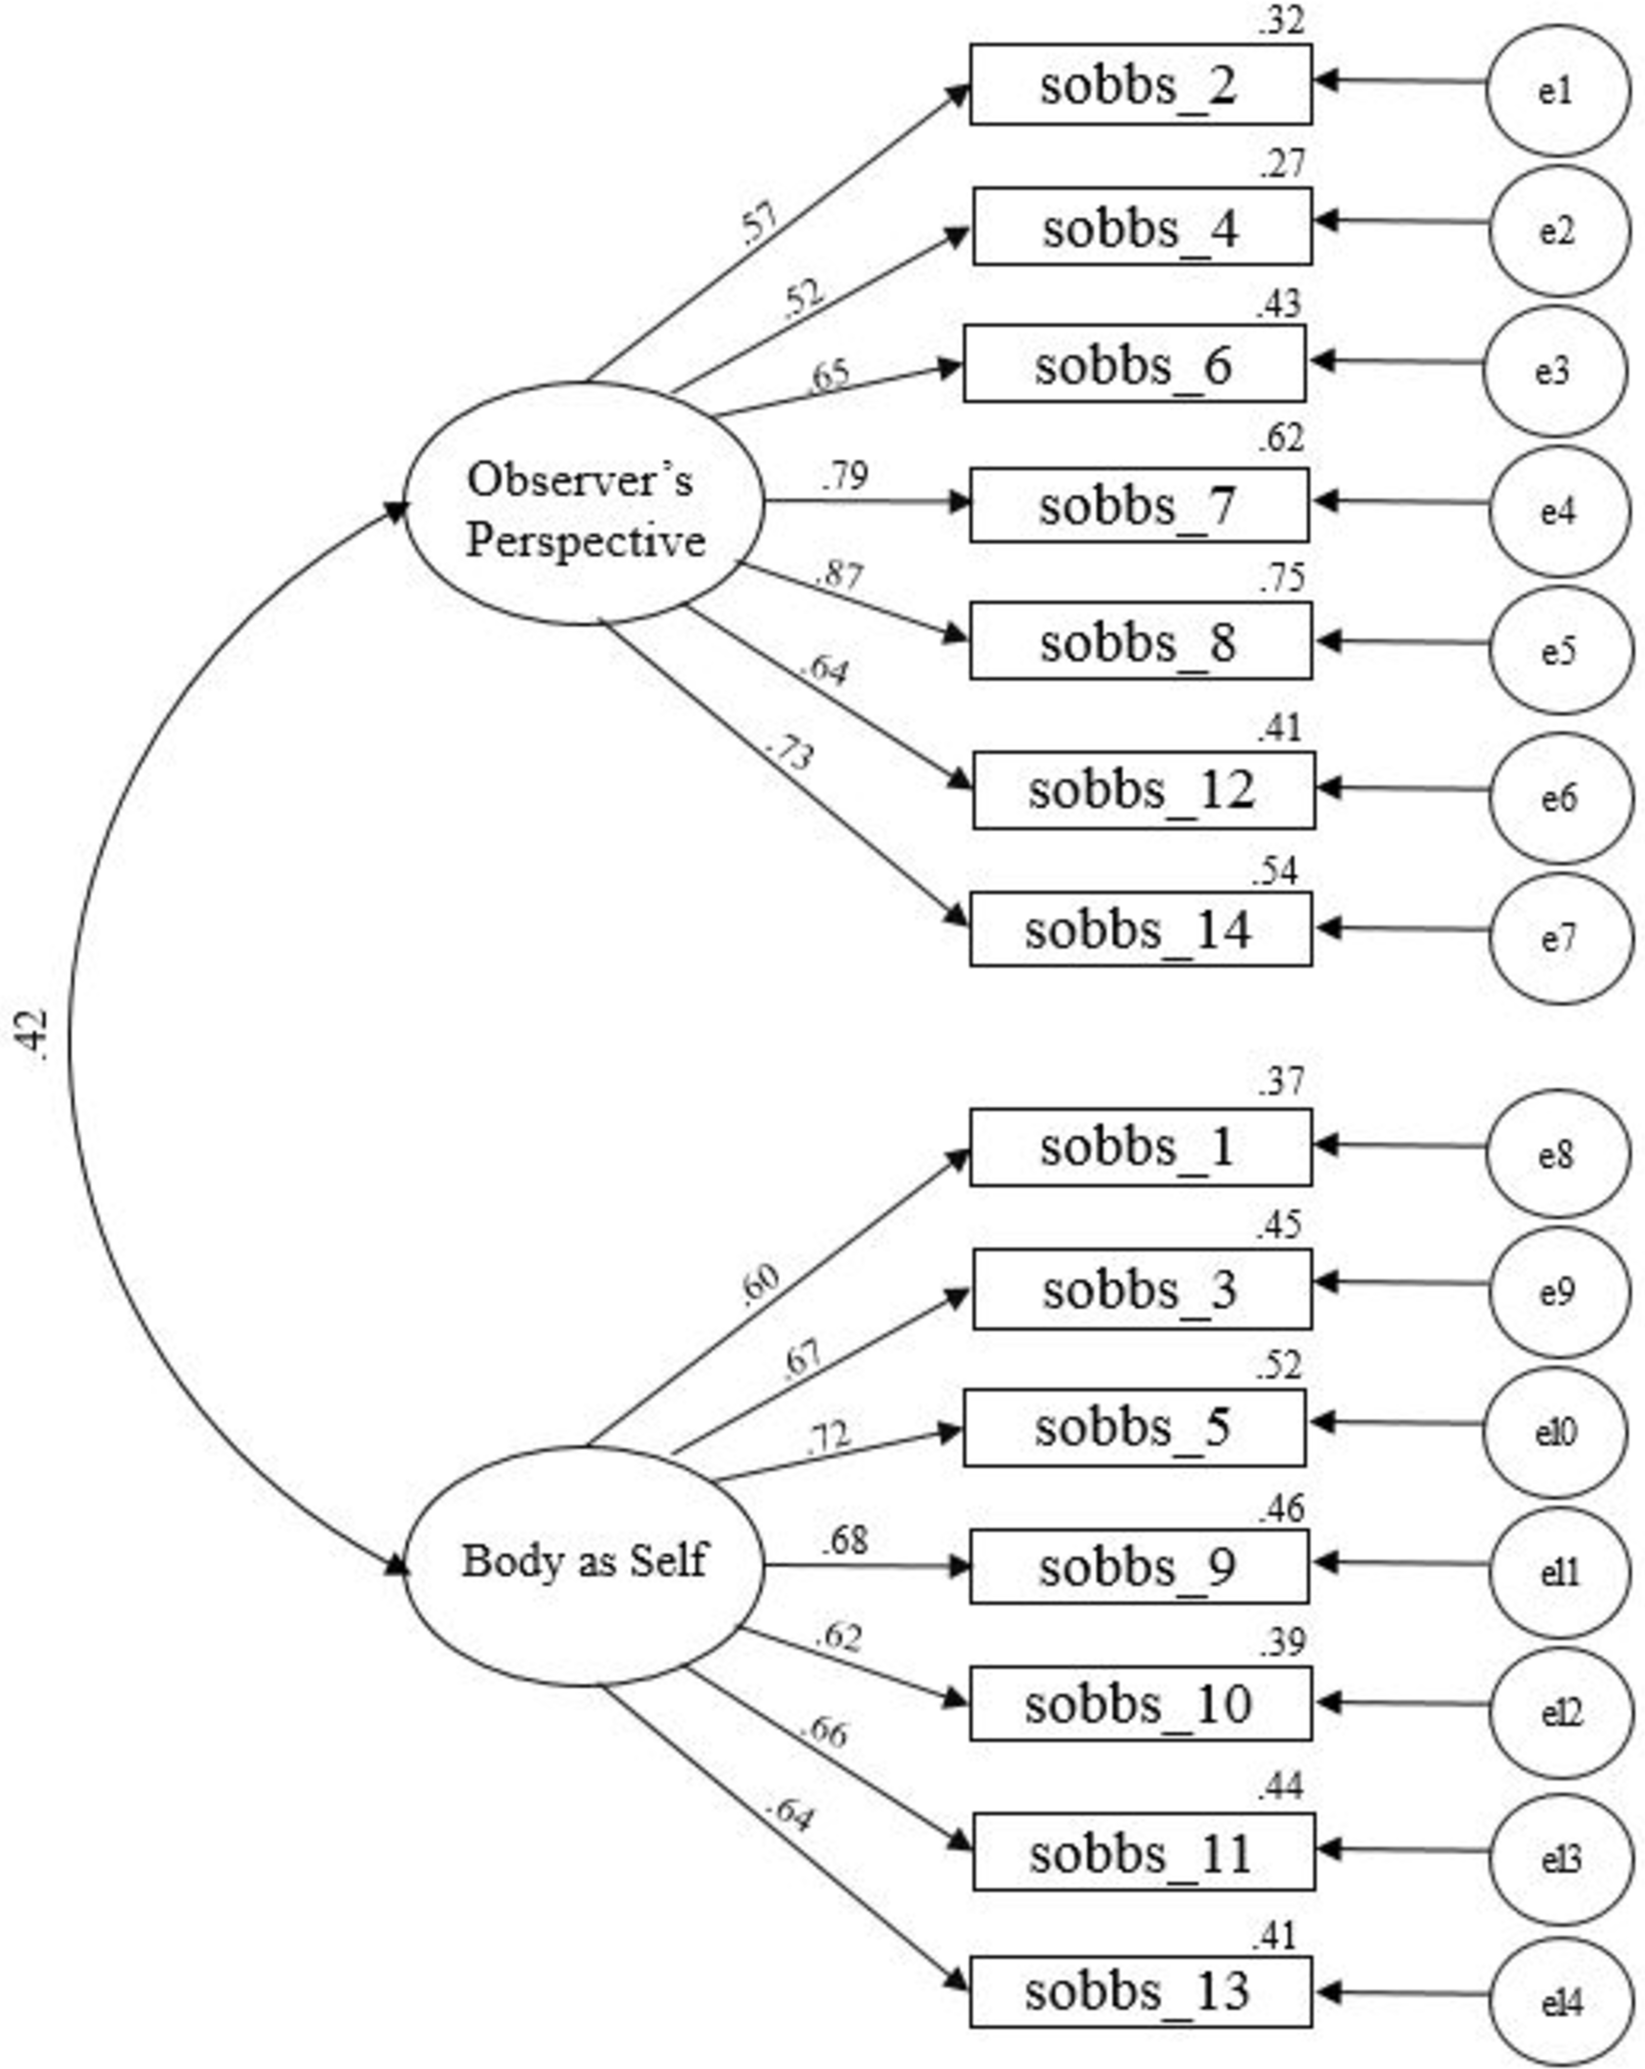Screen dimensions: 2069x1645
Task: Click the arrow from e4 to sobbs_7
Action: [1400, 502]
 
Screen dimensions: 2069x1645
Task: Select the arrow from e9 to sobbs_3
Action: [1400, 1282]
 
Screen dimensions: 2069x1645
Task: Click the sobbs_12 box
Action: [1143, 790]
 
